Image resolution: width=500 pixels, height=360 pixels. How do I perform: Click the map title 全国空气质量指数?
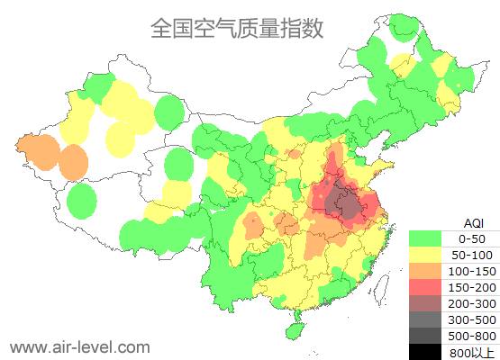pos(236,29)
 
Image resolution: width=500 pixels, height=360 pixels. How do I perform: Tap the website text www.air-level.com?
pos(79,346)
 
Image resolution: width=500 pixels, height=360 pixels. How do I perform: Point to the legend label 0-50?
pos(472,238)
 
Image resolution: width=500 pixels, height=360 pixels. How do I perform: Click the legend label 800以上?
pos(472,352)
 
